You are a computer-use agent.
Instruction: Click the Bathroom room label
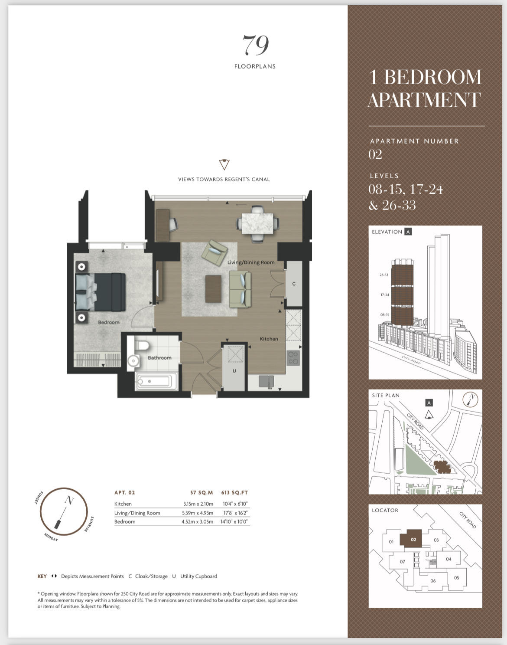click(x=159, y=357)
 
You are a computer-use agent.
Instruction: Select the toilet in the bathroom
click(x=142, y=346)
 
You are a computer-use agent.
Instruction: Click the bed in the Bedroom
click(x=101, y=291)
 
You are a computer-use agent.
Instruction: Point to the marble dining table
click(x=257, y=223)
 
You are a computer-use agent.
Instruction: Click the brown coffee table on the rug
click(x=213, y=289)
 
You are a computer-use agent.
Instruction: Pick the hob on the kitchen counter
click(x=293, y=358)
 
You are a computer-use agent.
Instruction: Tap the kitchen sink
click(x=266, y=382)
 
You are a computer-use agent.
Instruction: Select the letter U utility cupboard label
click(x=234, y=371)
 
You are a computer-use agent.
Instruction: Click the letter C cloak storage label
click(x=294, y=284)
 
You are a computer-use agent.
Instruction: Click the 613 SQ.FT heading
click(x=234, y=492)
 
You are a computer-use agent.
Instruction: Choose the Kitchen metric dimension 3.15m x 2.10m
click(x=198, y=504)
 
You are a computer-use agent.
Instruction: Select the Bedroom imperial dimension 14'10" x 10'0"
click(x=234, y=521)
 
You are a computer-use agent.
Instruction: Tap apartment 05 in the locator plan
click(x=456, y=578)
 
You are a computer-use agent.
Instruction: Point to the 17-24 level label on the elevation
click(x=385, y=295)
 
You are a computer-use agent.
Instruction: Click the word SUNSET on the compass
click(x=39, y=498)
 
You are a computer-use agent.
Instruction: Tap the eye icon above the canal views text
click(x=224, y=164)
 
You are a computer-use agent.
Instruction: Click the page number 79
click(x=255, y=45)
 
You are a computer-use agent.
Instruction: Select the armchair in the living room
click(x=214, y=252)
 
